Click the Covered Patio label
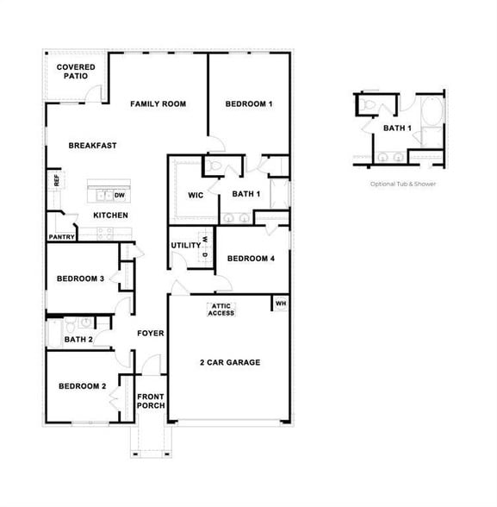(x=75, y=72)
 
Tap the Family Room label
(x=158, y=104)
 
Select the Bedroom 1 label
(x=249, y=104)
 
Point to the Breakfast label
(x=92, y=146)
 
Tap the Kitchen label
(x=110, y=216)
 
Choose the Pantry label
(x=61, y=236)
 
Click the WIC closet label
(x=196, y=195)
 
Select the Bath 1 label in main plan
(x=245, y=194)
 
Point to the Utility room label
(x=185, y=246)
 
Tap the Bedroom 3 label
(x=80, y=279)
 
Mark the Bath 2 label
(x=78, y=340)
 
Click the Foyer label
(x=150, y=333)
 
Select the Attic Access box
(x=221, y=310)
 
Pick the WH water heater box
(x=280, y=304)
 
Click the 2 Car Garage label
(x=229, y=362)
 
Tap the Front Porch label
(x=151, y=401)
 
